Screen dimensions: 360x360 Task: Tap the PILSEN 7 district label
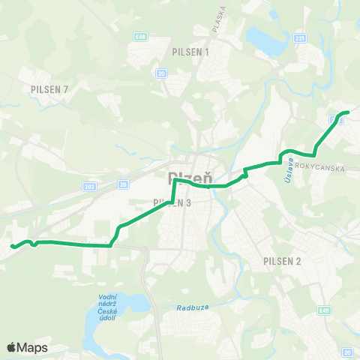tap(50, 89)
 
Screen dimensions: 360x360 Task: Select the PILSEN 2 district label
tap(282, 261)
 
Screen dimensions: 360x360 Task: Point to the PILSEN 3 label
tap(172, 202)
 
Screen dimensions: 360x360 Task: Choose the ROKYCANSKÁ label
tap(319, 169)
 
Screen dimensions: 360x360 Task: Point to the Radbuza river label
tap(191, 307)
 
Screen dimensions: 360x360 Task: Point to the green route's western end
tap(10, 246)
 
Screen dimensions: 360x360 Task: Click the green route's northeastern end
tap(348, 112)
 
